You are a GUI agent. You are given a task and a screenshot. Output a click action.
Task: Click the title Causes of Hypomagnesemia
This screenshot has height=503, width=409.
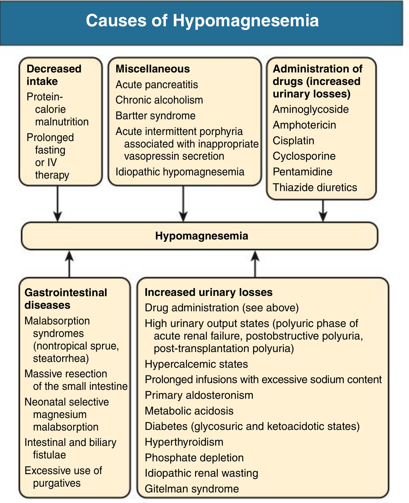202,21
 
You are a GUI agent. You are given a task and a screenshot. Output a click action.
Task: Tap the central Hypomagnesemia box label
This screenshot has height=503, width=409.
201,236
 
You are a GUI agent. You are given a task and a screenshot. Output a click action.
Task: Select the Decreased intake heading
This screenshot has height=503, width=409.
54,75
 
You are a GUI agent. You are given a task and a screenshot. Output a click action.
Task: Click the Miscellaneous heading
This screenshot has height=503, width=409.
153,69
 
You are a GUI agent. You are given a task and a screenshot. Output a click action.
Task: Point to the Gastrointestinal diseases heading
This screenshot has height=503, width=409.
66,299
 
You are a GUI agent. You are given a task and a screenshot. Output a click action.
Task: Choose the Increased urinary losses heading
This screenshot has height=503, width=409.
209,292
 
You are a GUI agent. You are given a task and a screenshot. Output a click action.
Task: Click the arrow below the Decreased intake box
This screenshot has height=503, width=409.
58,204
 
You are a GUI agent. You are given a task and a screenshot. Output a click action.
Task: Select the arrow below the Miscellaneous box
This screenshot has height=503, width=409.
183,204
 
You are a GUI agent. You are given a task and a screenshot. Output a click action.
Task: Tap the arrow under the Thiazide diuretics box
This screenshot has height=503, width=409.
323,211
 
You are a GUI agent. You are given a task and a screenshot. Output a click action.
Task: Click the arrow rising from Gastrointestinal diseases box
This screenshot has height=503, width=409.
69,264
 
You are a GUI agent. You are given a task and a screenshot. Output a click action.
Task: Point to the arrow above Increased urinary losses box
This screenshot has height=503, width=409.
255,264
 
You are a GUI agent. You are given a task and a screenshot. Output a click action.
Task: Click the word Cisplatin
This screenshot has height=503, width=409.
294,141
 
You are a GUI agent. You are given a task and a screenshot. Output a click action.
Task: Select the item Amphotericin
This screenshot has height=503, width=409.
304,125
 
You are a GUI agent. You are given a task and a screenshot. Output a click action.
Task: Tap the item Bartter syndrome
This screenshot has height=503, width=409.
156,116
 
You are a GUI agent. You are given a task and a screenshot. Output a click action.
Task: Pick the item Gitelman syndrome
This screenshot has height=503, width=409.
192,489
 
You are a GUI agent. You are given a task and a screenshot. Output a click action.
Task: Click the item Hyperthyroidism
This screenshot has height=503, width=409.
184,442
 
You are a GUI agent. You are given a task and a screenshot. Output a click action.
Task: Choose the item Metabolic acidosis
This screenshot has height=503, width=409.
189,411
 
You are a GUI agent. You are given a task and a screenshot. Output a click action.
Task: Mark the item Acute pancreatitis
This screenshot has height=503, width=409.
157,85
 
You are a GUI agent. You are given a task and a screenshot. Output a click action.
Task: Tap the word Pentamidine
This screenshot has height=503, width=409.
302,172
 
